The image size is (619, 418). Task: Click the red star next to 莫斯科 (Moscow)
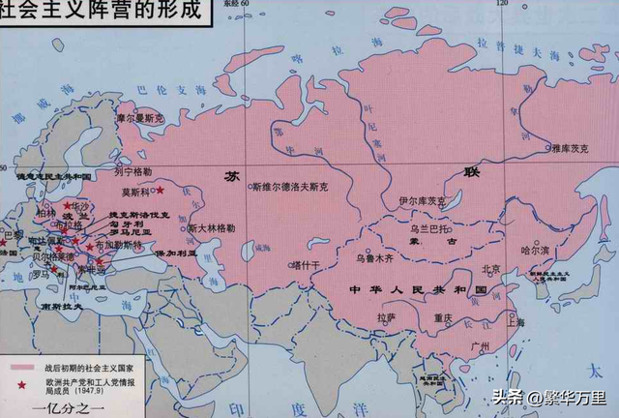pyautogui.click(x=159, y=192)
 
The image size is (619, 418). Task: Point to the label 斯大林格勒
pyautogui.click(x=211, y=227)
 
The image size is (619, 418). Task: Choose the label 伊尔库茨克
pyautogui.click(x=423, y=200)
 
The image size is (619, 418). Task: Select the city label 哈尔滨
pyautogui.click(x=535, y=249)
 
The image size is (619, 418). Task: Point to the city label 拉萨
pyautogui.click(x=387, y=316)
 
